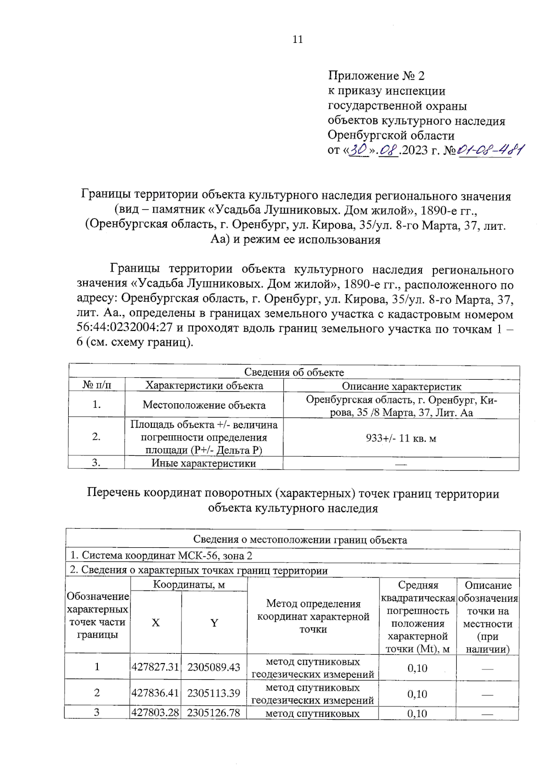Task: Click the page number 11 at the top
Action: coord(298,40)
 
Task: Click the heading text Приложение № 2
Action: coord(376,76)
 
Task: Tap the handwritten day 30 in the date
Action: coord(359,150)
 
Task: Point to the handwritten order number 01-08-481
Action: coord(490,150)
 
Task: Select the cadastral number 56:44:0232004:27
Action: coord(125,329)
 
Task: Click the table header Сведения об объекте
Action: coord(294,372)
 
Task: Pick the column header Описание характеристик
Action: coord(401,386)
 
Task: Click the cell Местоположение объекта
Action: coord(204,405)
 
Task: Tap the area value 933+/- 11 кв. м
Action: coord(401,438)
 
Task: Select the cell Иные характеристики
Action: coord(204,463)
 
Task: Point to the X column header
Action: coord(156,622)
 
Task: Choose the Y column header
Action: coord(214,623)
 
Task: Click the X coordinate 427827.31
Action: coord(155,667)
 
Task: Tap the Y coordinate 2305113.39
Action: coord(214,693)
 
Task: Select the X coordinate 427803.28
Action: coord(155,712)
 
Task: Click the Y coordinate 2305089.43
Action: coord(214,667)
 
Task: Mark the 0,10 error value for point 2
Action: coord(417,694)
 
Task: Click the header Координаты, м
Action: coord(189,585)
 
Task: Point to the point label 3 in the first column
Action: coord(96,712)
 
